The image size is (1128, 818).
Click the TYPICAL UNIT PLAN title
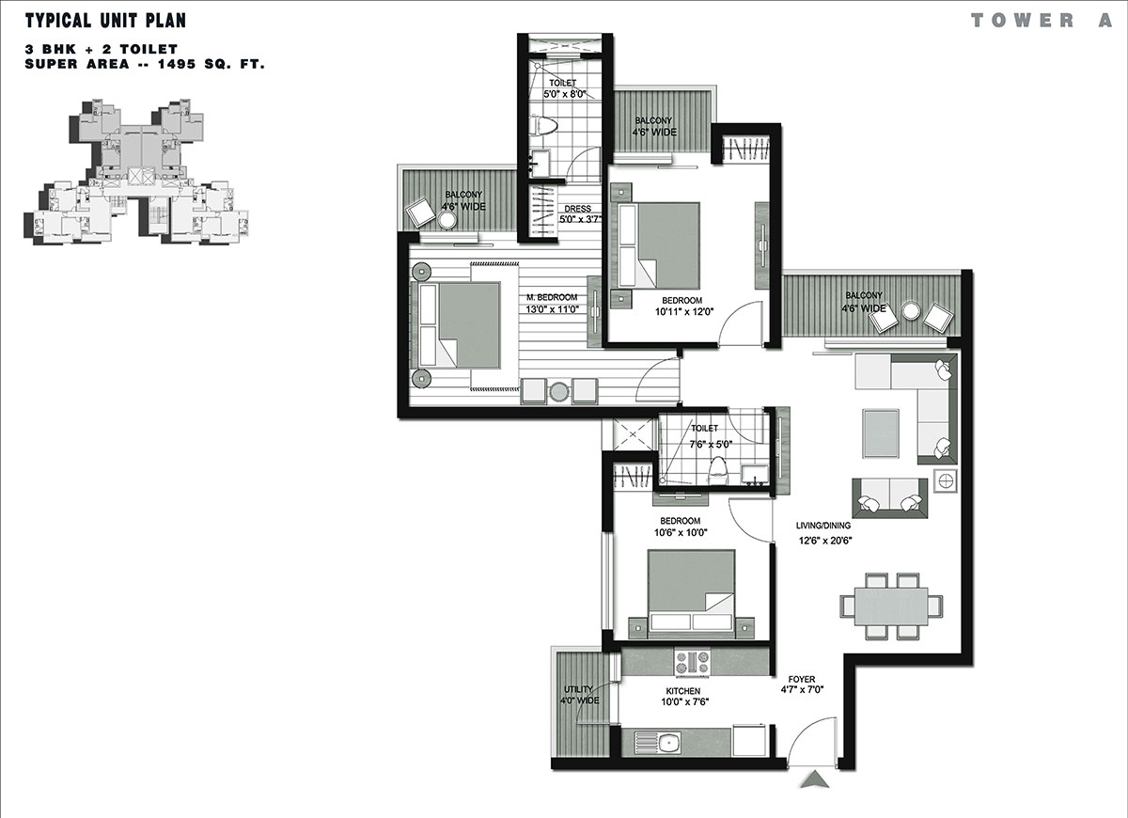tap(105, 21)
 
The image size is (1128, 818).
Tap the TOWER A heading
tap(1042, 21)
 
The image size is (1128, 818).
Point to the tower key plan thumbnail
tap(136, 172)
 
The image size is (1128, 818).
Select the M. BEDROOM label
tap(552, 297)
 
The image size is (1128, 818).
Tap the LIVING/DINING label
tap(823, 526)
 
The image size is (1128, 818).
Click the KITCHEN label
tap(682, 691)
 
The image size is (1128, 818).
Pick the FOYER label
tap(802, 679)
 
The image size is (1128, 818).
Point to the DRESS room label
tap(577, 209)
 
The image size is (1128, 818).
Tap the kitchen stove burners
tap(692, 663)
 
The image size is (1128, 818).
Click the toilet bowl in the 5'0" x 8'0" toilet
tap(544, 125)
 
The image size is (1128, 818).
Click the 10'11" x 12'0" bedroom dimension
tap(684, 312)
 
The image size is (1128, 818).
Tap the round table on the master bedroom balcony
tap(446, 220)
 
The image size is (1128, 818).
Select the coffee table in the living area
tap(880, 433)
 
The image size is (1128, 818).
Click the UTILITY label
tap(578, 689)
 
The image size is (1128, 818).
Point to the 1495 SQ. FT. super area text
tap(211, 64)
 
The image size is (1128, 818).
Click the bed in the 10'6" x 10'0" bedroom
tap(691, 590)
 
